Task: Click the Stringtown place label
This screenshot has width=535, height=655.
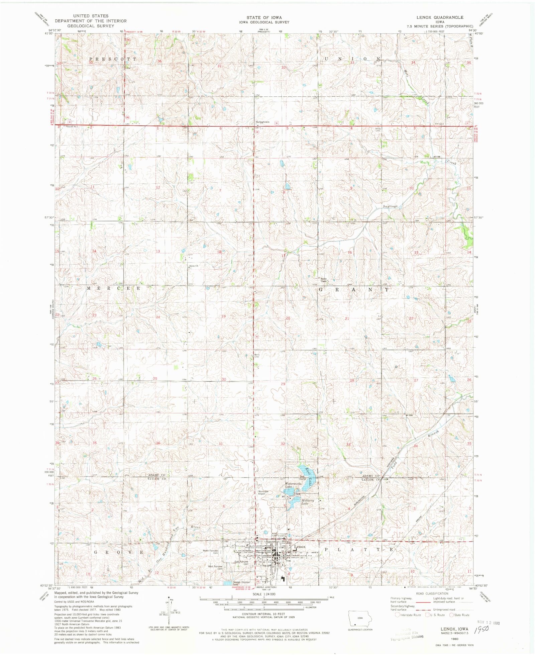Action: click(262, 122)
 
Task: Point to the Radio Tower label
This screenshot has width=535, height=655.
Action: click(323, 280)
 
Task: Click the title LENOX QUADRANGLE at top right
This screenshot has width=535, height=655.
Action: click(440, 17)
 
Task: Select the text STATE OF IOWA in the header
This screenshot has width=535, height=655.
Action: click(264, 17)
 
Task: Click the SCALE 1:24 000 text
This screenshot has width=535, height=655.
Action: click(264, 594)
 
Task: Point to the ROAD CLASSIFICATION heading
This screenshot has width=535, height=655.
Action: click(432, 593)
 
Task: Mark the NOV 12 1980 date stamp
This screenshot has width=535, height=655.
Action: click(487, 623)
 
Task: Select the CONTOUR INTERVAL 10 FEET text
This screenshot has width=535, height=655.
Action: click(264, 614)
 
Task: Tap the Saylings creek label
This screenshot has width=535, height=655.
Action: click(390, 206)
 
